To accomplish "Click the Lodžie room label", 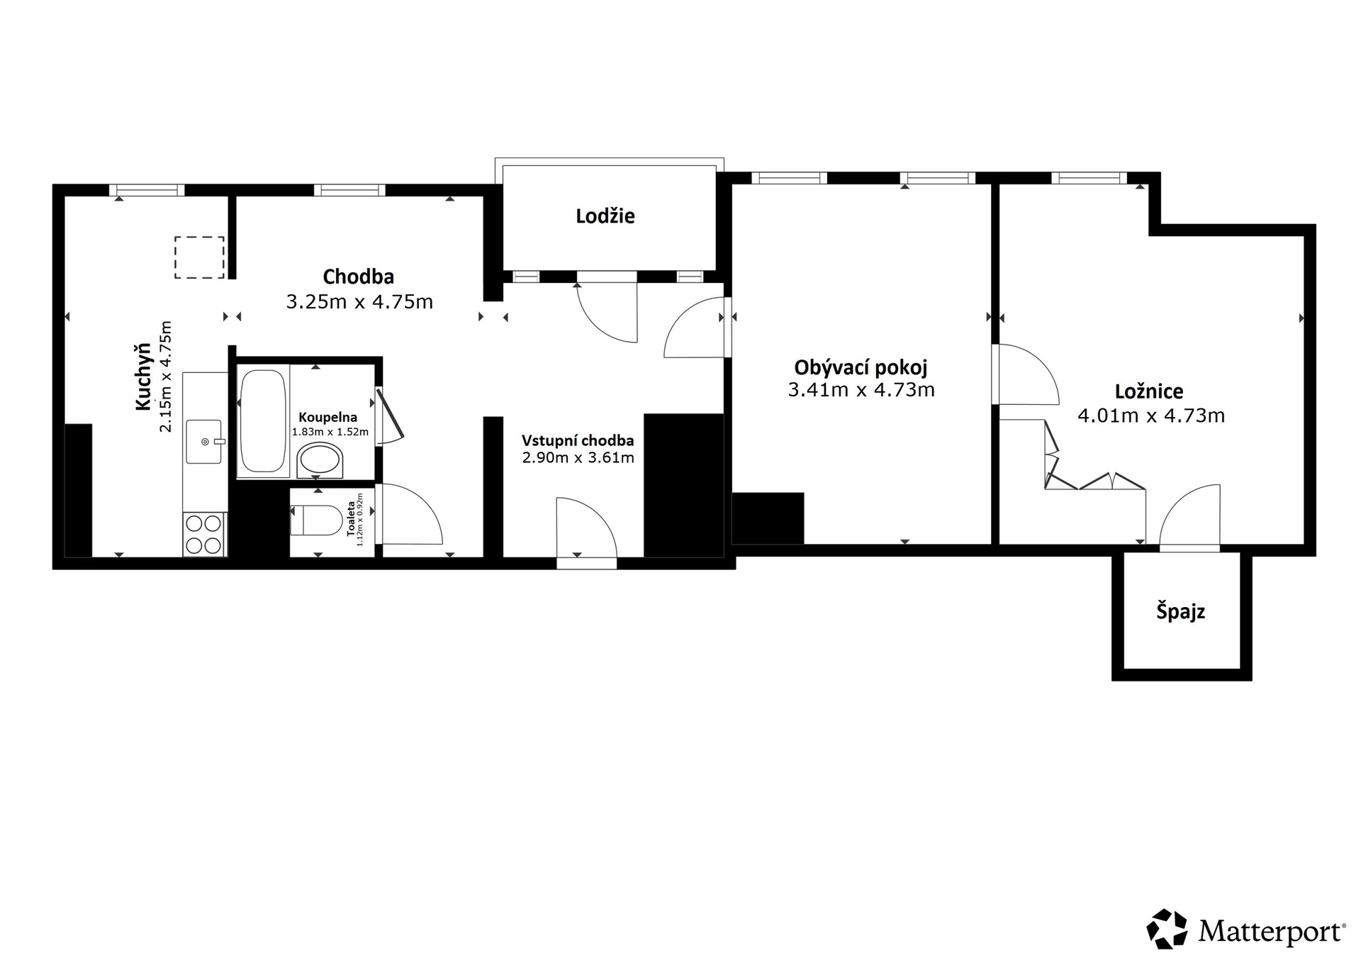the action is pos(605,216).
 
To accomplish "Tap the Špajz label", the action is pos(1180,611).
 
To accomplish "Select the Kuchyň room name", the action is pos(144,376).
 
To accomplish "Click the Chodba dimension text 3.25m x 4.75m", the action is pos(359,302).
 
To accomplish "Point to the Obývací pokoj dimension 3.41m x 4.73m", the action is pos(861,390).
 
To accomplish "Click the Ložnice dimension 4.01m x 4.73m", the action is pos(1151,416).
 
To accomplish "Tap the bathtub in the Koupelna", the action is pos(262,421).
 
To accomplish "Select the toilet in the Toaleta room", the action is pos(316,521).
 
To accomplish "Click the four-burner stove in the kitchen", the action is pos(204,534).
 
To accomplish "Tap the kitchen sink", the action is pos(204,442).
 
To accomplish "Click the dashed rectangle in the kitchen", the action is pos(199,257).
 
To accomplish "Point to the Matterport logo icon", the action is pos(1167,928).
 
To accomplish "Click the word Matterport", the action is pos(1272,931).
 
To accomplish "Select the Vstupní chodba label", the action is pos(578,440).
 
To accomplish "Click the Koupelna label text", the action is pos(327,418).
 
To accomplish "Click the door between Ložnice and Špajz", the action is pos(1189,516).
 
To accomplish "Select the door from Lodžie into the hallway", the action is pos(607,313).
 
